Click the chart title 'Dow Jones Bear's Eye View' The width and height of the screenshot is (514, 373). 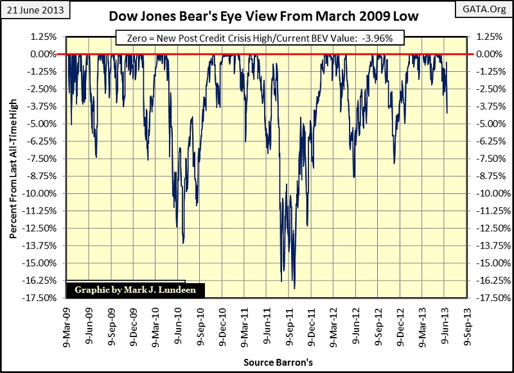[257, 17]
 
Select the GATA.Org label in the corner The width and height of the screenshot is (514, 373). [486, 8]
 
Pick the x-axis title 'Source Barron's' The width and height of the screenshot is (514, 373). [278, 363]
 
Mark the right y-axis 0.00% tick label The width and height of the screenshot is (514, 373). [487, 54]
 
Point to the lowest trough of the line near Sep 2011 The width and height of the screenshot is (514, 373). [294, 288]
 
